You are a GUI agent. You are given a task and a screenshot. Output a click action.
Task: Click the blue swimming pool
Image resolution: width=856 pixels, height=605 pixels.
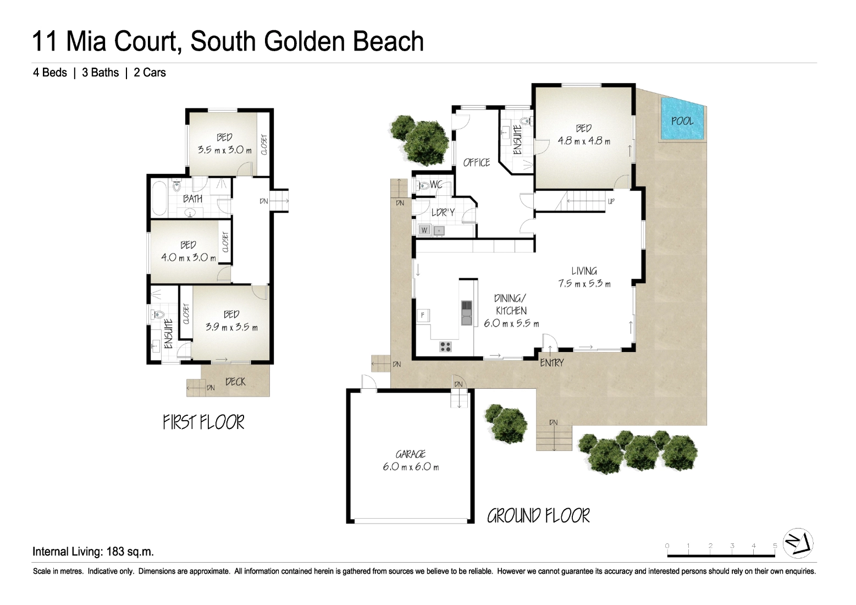click(682, 119)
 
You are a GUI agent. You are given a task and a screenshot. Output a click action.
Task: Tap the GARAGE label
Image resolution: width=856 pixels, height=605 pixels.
click(411, 454)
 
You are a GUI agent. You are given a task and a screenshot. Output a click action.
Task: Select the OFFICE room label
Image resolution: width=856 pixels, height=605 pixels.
click(477, 163)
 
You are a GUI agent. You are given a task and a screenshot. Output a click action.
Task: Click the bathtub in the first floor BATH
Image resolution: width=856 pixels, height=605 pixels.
click(159, 199)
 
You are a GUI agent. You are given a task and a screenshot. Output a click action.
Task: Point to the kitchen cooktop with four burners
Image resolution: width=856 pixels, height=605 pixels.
click(445, 346)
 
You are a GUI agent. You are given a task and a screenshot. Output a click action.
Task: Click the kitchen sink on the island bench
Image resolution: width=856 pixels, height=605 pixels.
click(467, 312)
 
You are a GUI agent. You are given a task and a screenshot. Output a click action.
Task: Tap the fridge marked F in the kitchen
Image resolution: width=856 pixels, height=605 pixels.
click(423, 315)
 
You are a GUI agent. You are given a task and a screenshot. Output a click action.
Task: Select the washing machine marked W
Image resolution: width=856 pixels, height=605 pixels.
click(424, 230)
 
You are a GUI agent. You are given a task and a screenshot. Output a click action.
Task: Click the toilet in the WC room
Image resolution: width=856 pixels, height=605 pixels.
click(422, 186)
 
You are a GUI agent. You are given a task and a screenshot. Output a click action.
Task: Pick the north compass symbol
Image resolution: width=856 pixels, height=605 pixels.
click(798, 543)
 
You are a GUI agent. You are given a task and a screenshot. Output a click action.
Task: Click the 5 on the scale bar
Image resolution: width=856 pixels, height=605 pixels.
click(775, 546)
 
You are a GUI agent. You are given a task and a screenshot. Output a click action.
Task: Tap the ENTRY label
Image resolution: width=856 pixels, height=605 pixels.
click(552, 362)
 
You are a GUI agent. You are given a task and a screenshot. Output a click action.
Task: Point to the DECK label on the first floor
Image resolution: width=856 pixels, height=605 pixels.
click(235, 381)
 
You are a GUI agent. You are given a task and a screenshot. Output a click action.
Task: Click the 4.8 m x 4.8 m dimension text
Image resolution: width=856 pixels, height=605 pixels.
click(584, 141)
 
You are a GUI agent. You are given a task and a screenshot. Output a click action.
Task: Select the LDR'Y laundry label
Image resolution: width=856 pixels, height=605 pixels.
click(443, 212)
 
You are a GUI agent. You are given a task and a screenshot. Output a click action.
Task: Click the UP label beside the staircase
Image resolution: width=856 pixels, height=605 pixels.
click(611, 201)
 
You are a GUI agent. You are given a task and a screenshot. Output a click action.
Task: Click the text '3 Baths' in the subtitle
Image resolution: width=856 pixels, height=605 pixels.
click(100, 73)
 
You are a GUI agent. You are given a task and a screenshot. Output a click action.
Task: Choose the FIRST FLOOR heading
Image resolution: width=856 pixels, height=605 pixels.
click(203, 422)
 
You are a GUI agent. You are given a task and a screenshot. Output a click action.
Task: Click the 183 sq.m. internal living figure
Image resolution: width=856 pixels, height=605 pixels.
click(130, 552)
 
